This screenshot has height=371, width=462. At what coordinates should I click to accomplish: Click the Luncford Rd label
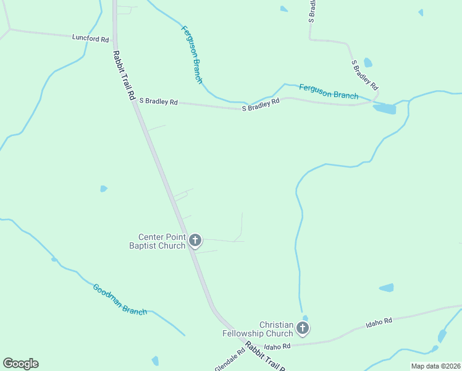point(90,38)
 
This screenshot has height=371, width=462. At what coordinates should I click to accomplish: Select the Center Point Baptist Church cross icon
point(195,240)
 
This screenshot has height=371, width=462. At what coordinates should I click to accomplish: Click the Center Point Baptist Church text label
point(162,241)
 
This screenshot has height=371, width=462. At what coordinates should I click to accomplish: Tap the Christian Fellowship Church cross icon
point(303,328)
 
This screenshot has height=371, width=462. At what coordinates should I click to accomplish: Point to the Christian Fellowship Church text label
point(266,329)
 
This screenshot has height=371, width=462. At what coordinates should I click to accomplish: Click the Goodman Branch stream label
point(120,299)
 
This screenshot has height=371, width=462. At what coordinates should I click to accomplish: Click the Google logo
point(20,364)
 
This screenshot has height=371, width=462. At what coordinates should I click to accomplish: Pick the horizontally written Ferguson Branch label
point(329,92)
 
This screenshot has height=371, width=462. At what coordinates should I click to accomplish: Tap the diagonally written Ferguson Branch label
point(191,54)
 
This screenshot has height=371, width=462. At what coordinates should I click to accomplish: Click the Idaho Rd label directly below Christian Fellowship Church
point(277,347)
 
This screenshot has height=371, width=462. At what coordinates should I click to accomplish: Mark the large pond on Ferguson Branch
point(384,109)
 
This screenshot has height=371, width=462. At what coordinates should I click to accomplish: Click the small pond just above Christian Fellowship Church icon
point(305,318)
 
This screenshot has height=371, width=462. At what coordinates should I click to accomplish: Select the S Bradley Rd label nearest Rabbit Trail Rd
point(158,101)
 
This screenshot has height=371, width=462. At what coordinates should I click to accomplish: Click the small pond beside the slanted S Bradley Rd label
point(368,62)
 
